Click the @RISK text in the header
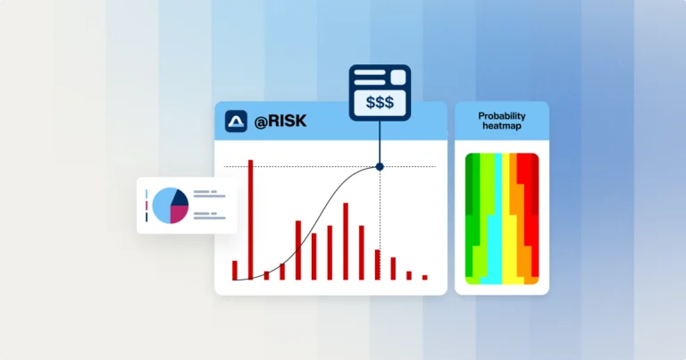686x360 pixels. tap(280, 121)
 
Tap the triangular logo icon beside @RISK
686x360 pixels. tap(236, 121)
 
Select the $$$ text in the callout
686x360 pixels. tap(380, 103)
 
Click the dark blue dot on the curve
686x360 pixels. tap(380, 167)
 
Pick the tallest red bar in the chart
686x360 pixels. tap(251, 220)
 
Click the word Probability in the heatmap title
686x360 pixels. tap(502, 116)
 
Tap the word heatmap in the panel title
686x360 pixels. tap(502, 126)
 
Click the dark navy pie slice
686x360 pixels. tap(180, 197)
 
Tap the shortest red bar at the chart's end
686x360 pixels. tap(425, 277)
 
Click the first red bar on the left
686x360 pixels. tap(235, 271)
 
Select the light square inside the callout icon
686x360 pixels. tap(398, 78)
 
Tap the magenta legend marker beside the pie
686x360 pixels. tap(146, 205)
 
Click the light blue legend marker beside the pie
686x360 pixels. tap(146, 194)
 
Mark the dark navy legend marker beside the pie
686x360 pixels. tap(146, 217)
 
